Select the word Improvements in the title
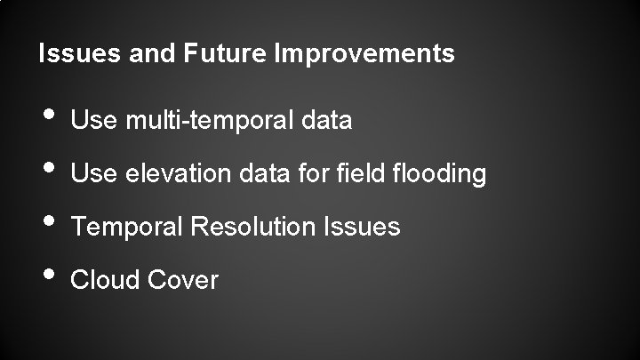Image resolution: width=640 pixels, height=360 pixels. [365, 54]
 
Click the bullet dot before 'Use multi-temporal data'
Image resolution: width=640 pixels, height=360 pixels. [46, 116]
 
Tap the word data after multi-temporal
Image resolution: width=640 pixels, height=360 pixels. [327, 120]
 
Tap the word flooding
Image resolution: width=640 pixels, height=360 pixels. [436, 174]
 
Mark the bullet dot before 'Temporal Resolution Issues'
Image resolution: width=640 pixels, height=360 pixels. [46, 222]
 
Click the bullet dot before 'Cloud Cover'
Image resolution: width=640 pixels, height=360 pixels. [46, 276]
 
